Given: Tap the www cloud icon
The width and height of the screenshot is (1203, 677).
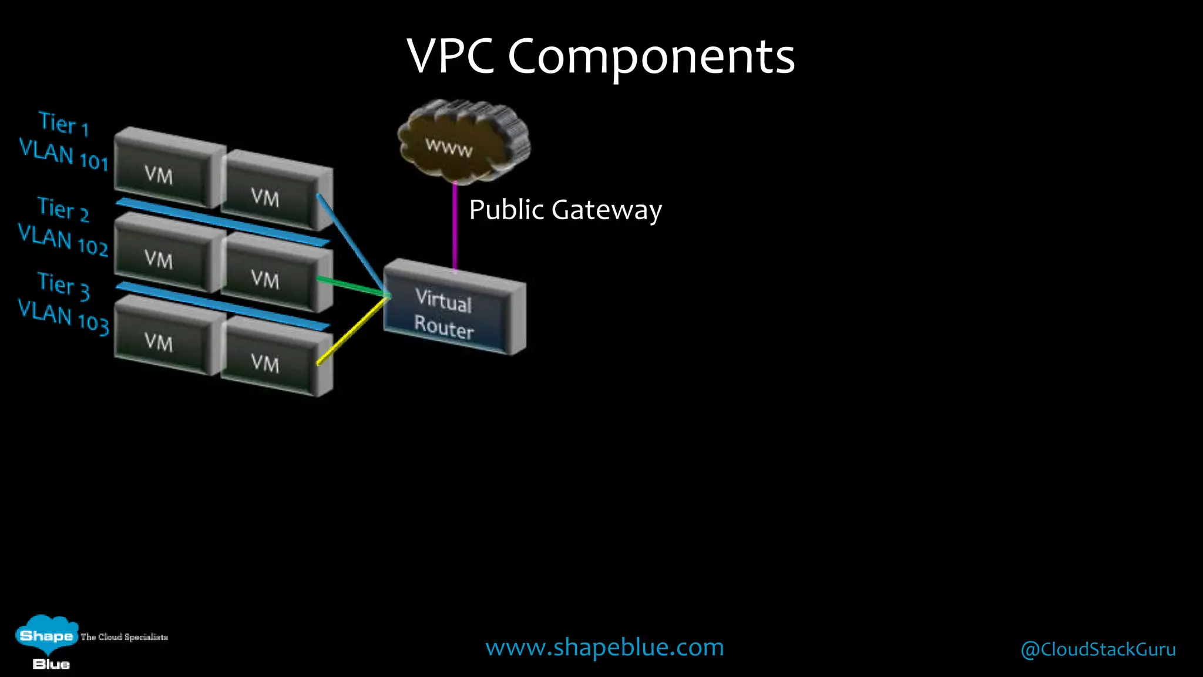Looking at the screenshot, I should (x=463, y=141).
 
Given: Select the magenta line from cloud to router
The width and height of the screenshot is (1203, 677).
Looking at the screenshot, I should (x=455, y=226).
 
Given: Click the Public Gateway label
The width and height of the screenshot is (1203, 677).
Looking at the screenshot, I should (x=565, y=210).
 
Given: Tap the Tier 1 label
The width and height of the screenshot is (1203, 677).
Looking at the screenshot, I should (x=63, y=123).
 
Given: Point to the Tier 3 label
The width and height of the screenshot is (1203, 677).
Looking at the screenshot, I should (x=63, y=286).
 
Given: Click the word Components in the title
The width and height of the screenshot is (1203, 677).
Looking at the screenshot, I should (x=651, y=56).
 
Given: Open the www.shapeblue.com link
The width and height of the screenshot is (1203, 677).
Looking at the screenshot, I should (x=604, y=647).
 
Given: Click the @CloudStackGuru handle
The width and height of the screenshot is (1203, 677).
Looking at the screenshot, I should (x=1098, y=649).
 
